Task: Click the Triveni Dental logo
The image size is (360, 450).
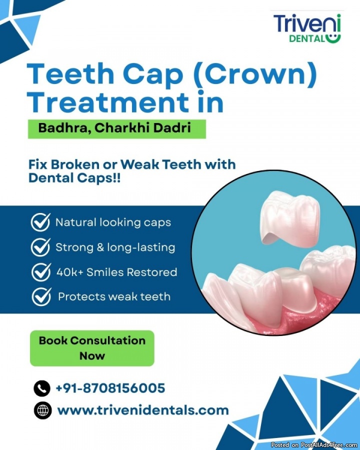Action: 307,28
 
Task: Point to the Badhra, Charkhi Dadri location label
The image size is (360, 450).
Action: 117,129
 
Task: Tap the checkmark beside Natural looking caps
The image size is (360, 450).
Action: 40,222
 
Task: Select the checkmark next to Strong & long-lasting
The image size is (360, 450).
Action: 40,247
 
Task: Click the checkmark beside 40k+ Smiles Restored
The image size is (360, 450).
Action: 41,272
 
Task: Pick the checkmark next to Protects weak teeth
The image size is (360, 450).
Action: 41,296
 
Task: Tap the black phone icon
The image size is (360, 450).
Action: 42,388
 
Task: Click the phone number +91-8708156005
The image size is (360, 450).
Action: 110,388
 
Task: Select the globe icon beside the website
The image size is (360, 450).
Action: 43,410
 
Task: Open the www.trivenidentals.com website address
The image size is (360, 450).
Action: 143,410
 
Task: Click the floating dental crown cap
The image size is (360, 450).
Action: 289,217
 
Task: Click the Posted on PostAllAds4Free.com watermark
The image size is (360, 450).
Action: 314,445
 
